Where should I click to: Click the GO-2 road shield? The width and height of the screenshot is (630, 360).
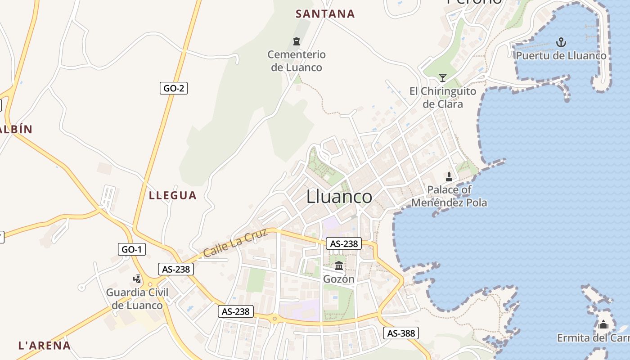[173, 88]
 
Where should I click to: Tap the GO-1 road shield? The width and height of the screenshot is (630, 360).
[132, 249]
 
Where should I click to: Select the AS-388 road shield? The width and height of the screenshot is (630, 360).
[401, 333]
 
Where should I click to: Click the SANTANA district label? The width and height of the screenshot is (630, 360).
[325, 14]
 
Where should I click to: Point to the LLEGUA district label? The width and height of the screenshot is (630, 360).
[173, 195]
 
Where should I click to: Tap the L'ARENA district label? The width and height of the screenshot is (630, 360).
[45, 346]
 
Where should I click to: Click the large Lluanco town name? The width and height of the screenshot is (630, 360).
[339, 197]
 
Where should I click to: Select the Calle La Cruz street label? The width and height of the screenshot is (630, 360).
[235, 243]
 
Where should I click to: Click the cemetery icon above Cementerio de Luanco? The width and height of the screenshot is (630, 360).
[297, 42]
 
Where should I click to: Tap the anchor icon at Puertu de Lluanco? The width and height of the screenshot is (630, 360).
[561, 43]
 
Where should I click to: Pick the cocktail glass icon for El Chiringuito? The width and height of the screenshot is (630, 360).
[443, 78]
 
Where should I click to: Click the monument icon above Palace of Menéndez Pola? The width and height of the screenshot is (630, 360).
[449, 176]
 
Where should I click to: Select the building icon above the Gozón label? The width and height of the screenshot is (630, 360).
[339, 265]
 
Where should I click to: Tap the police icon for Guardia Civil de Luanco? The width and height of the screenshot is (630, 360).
[137, 279]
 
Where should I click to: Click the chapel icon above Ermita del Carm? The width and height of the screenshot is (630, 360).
[603, 324]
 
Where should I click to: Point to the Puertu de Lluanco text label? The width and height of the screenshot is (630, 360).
[561, 56]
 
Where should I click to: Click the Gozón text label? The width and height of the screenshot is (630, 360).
[339, 279]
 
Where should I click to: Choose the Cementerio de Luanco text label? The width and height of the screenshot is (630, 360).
[296, 61]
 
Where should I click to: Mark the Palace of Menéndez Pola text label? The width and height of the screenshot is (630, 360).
[449, 196]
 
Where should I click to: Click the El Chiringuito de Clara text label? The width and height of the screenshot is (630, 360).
[442, 98]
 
